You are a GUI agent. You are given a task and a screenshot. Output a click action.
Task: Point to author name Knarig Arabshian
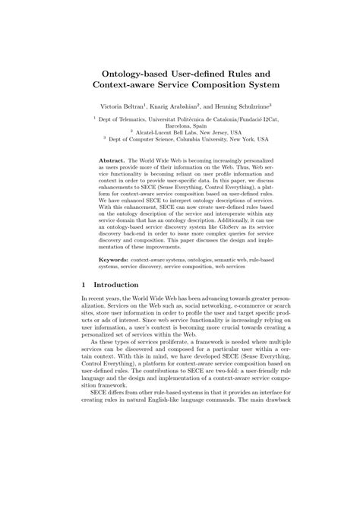coord(188,106)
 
